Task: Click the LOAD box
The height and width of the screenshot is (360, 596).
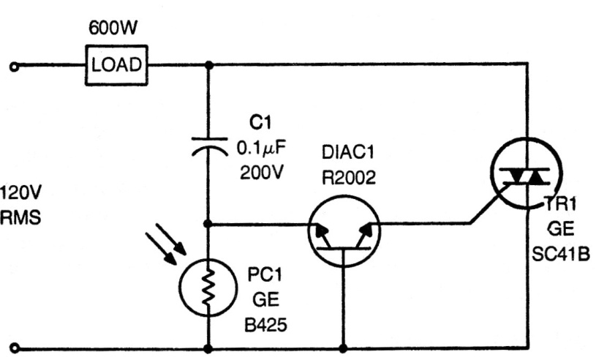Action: coord(117,64)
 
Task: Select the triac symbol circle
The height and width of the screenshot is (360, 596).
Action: coord(526,174)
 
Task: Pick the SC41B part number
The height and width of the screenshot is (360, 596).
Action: coord(562,253)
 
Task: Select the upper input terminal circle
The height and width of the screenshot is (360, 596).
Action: coord(13,65)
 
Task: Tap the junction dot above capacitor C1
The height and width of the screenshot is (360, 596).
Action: coord(209,64)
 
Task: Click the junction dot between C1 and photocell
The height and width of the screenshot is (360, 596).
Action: coord(209,224)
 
